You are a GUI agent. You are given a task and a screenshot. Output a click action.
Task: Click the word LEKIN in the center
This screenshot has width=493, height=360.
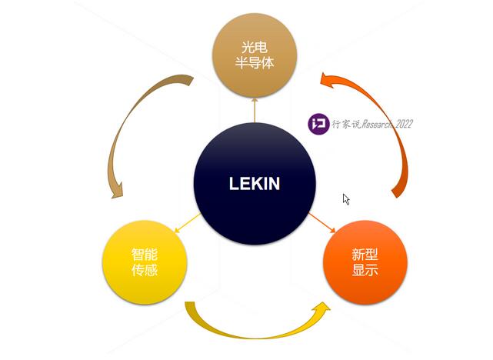pyautogui.click(x=255, y=184)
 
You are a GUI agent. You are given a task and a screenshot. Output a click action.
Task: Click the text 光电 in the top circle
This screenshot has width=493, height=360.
pyautogui.click(x=255, y=44)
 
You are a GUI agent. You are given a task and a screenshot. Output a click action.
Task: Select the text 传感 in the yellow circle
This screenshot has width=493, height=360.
pyautogui.click(x=145, y=272)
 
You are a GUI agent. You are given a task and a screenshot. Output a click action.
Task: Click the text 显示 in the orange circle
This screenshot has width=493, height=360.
pyautogui.click(x=365, y=272)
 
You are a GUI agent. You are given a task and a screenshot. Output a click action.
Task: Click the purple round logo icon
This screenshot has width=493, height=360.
pyautogui.click(x=318, y=124)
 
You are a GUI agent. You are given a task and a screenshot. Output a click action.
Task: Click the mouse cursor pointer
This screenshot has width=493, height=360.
pyautogui.click(x=346, y=198)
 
